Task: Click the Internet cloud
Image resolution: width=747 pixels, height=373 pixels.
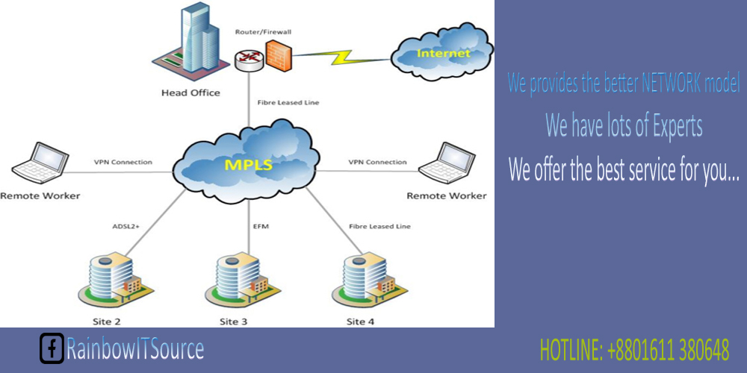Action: click(441, 54)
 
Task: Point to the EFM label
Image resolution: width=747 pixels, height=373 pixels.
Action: click(261, 225)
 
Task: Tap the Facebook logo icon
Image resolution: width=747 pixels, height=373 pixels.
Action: click(52, 348)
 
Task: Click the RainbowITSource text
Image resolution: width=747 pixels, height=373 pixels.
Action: click(134, 348)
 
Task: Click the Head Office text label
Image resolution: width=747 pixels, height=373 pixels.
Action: click(190, 93)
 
